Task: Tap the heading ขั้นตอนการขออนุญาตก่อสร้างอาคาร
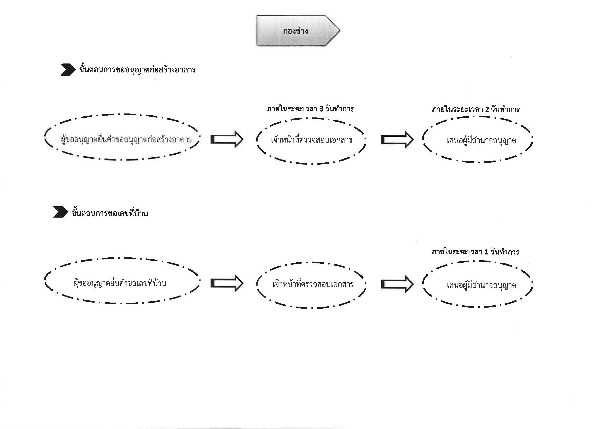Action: tap(137, 70)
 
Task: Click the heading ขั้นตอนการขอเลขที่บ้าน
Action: tap(110, 213)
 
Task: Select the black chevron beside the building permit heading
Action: tap(68, 70)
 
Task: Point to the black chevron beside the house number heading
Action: tap(60, 212)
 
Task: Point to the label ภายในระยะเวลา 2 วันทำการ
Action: tap(476, 109)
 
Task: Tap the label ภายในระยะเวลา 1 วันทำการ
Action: tap(475, 252)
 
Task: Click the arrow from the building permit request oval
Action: tap(227, 139)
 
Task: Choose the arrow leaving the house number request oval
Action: tap(227, 283)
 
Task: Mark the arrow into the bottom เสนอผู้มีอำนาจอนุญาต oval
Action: tap(397, 284)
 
